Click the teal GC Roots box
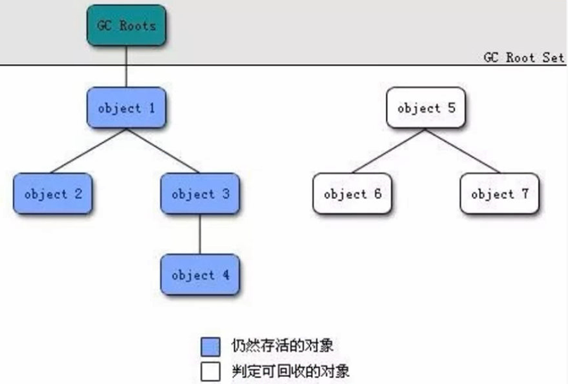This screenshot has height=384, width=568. tap(127, 25)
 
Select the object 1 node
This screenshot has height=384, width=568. tap(127, 108)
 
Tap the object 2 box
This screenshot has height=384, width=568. tap(53, 193)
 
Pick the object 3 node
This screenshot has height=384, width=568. tap(200, 193)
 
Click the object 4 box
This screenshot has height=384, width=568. tap(200, 275)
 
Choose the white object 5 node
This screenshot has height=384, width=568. tap(426, 108)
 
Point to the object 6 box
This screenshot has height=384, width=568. tap(353, 193)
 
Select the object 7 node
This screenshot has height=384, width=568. tap(500, 193)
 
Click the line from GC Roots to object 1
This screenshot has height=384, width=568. tap(127, 67)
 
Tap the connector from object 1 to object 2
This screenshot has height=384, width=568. tap(89, 151)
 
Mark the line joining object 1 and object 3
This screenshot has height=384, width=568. tap(163, 151)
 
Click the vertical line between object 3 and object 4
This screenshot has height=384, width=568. tap(200, 234)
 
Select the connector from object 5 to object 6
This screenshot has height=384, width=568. tap(389, 151)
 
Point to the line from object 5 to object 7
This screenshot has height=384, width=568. tap(463, 151)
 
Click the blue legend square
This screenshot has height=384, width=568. tap(210, 347)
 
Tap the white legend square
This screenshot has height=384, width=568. tap(210, 371)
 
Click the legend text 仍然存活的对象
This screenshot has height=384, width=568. tap(282, 345)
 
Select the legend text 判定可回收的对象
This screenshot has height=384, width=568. tap(291, 371)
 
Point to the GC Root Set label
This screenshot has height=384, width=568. tap(524, 58)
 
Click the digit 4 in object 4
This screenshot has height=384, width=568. tap(226, 275)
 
